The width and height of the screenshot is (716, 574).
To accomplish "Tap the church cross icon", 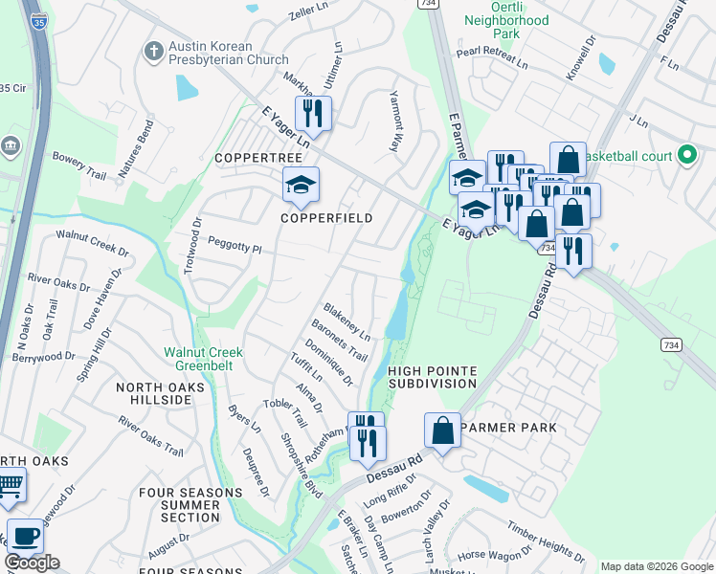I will tap(152, 52).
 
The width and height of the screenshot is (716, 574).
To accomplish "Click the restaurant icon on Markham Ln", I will tap(313, 113).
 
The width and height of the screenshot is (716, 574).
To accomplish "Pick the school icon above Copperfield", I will tap(301, 184).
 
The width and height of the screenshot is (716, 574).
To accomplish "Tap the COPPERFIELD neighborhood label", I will tap(325, 218).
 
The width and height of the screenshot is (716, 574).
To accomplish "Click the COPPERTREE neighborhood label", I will tap(252, 157).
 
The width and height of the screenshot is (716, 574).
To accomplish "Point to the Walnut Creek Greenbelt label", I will tap(203, 359).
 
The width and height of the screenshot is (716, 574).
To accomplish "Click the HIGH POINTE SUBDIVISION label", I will tap(432, 377).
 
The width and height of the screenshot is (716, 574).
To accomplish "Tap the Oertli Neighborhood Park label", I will tap(506, 26).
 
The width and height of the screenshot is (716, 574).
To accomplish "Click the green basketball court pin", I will tap(686, 154).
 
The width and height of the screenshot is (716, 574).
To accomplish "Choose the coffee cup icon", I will tap(25, 537).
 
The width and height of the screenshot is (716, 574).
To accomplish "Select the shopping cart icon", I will tap(10, 487).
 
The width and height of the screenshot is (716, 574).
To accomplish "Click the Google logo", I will tap(32, 563).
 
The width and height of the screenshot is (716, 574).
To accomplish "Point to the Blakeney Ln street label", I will tap(347, 323).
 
